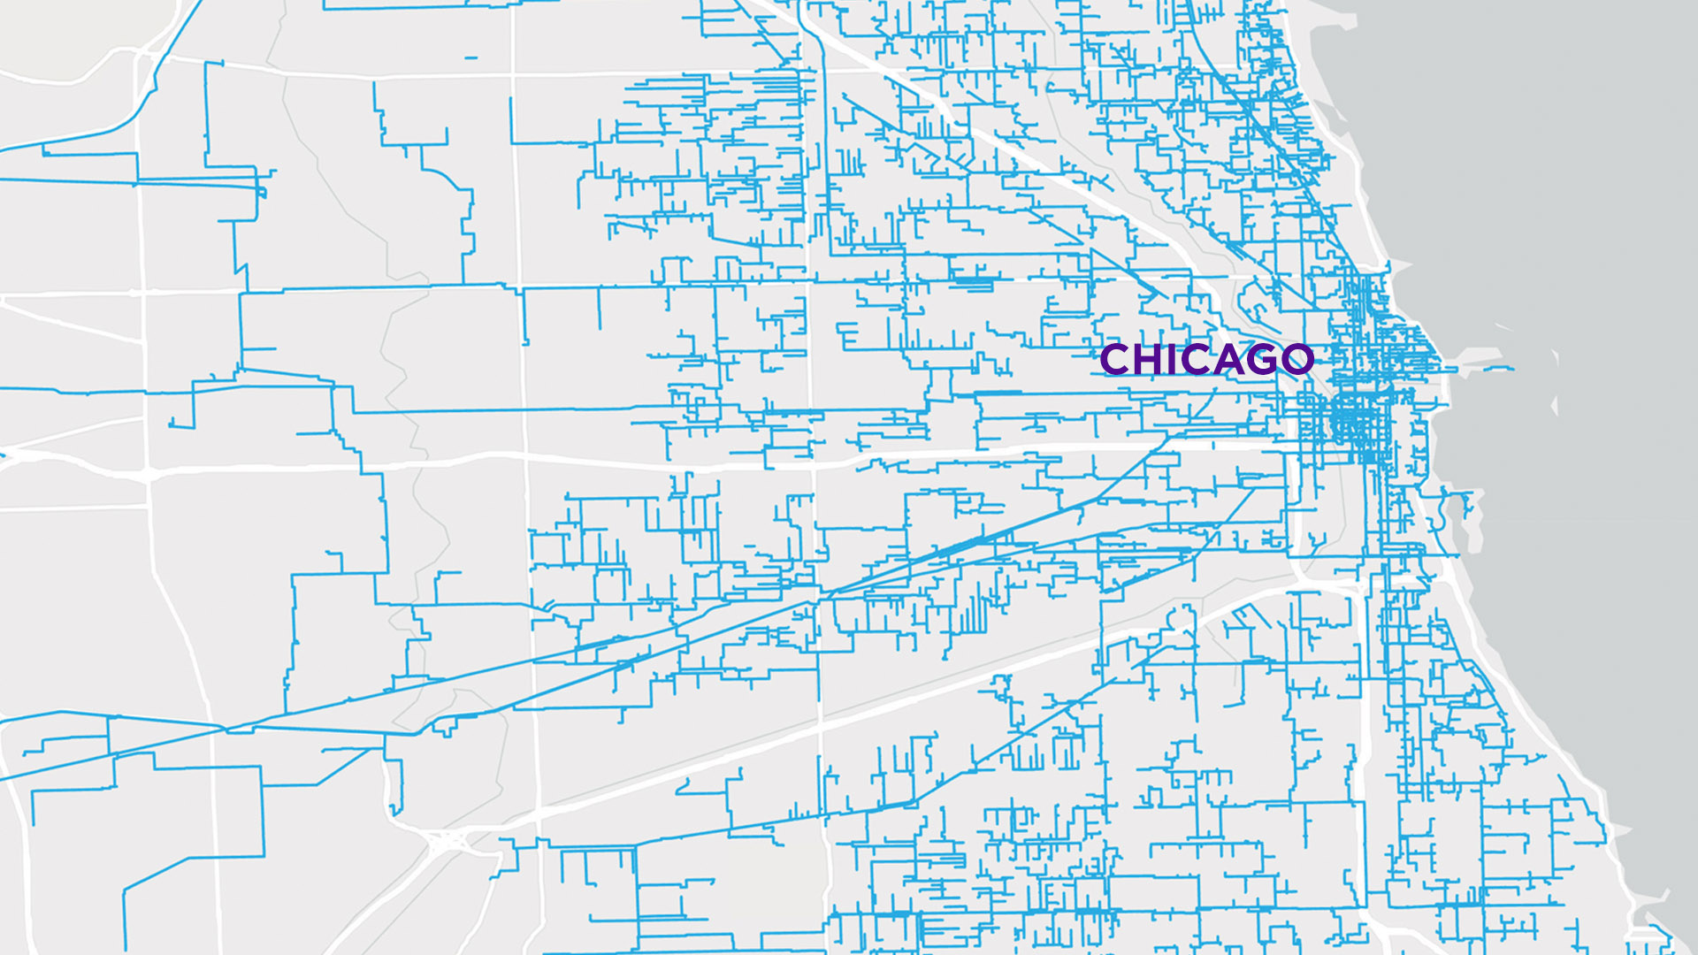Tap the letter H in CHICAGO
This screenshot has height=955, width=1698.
click(1148, 359)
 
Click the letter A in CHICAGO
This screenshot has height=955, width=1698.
click(1229, 359)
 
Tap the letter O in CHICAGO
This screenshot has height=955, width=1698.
click(1297, 359)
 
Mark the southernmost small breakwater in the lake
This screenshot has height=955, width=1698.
click(1555, 406)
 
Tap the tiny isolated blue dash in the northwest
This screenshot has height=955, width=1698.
click(470, 57)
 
